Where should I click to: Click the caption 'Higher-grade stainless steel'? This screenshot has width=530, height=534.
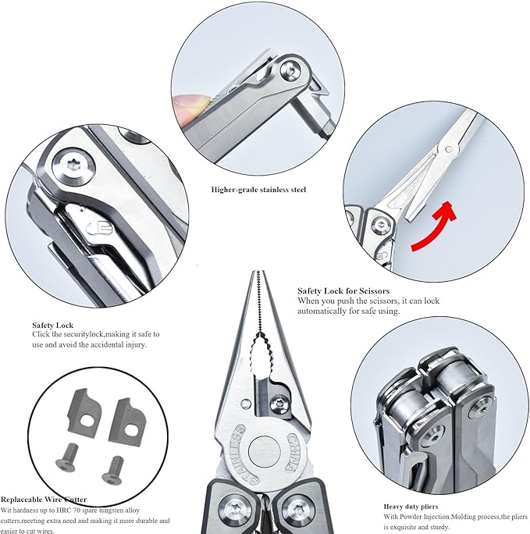tap(258, 190)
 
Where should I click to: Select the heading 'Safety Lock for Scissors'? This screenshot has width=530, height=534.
tap(343, 291)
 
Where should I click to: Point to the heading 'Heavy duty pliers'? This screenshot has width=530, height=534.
tap(411, 507)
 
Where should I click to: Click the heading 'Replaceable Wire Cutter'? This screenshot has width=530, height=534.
tap(44, 500)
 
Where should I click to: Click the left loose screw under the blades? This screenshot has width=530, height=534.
tap(67, 457)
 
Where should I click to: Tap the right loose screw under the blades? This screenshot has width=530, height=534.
tap(113, 470)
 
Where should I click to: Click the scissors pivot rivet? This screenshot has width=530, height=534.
tap(449, 149)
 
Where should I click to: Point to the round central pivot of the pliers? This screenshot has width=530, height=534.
tap(264, 451)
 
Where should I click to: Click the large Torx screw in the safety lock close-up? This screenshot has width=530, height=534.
tap(73, 166)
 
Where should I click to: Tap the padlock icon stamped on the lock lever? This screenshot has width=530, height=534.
tap(99, 228)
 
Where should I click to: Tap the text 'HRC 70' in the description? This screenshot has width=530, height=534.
tap(69, 511)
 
